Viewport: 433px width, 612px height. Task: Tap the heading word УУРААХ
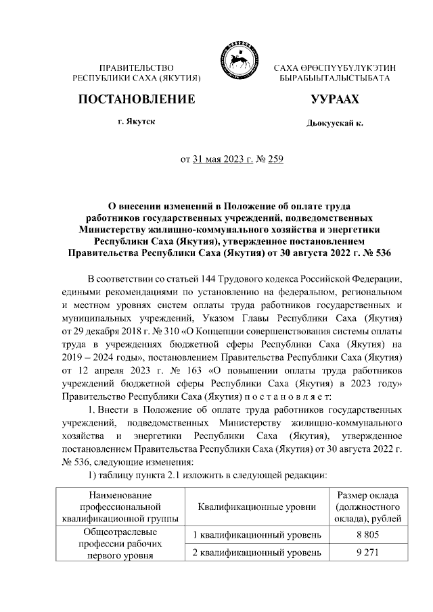334,99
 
